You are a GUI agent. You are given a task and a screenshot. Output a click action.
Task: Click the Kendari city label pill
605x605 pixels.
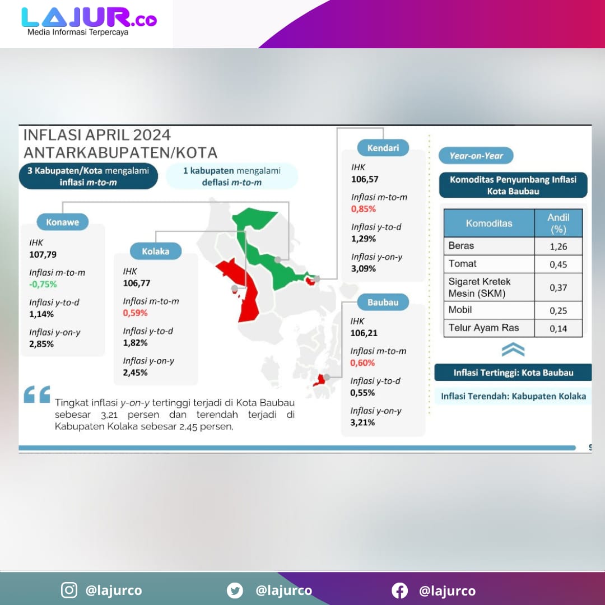(x=383, y=148)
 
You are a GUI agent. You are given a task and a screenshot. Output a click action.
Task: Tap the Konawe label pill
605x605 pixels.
(x=63, y=222)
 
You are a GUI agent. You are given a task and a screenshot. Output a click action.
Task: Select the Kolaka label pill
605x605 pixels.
(x=156, y=251)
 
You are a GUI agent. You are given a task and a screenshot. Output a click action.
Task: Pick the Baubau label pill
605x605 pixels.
(x=383, y=302)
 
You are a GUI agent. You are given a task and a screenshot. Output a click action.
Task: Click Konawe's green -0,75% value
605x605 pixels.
(x=43, y=285)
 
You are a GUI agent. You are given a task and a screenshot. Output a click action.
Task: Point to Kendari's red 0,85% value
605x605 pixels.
(x=363, y=209)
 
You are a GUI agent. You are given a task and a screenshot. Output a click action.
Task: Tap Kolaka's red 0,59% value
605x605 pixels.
(x=135, y=313)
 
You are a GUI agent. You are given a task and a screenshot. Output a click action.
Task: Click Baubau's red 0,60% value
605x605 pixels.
(x=362, y=363)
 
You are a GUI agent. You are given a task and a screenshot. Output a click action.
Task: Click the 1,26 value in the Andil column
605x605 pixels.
(x=559, y=246)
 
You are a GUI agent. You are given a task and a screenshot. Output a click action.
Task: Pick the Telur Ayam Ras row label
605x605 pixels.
(x=483, y=328)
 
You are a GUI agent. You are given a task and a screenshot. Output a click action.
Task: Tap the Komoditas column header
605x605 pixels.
(x=489, y=223)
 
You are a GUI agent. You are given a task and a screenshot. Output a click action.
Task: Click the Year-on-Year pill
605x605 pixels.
(x=476, y=156)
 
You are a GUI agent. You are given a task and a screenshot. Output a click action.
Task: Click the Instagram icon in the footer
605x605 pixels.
(x=69, y=590)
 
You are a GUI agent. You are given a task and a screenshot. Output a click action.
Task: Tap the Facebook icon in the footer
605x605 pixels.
(x=399, y=590)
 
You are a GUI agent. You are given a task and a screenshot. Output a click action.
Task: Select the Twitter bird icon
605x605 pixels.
(x=235, y=590)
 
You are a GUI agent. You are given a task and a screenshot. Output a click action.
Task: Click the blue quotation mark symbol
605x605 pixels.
(x=37, y=394)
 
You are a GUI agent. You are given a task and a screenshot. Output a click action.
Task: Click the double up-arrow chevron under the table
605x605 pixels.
(x=513, y=350)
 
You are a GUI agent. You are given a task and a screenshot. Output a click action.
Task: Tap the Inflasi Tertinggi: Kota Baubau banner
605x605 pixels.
(x=513, y=373)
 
